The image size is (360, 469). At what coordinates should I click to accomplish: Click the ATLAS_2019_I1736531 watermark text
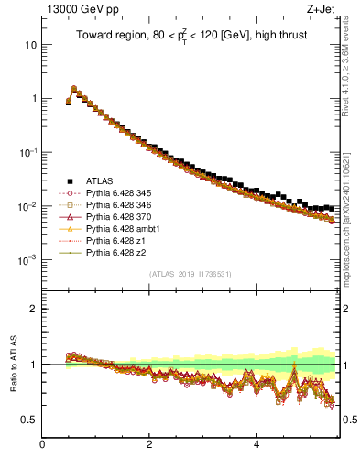(188, 274)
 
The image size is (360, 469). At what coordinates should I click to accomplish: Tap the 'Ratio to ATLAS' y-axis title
(12, 364)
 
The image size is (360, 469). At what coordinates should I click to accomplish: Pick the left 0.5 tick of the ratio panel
(27, 420)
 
